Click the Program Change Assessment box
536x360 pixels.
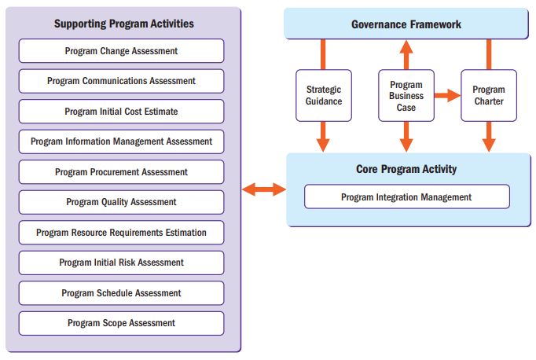tap(121, 51)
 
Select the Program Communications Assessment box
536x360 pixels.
tap(121, 81)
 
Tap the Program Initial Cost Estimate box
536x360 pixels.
tap(121, 112)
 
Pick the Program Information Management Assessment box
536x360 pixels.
tap(121, 141)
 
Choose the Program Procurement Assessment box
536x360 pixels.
tap(121, 172)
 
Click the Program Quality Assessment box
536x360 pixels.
tap(121, 202)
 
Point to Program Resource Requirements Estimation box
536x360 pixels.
tap(121, 233)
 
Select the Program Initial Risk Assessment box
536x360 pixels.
tap(121, 263)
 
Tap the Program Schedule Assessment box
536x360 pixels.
tap(121, 293)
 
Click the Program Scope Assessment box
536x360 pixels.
tap(121, 323)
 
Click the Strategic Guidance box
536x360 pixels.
tap(324, 96)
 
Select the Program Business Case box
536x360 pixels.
tap(406, 96)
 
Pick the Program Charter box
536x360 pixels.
tap(489, 96)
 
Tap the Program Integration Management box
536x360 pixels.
tap(406, 197)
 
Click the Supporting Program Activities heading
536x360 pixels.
tap(123, 24)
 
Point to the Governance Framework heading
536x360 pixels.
tap(406, 24)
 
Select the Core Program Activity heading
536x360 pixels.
tap(406, 169)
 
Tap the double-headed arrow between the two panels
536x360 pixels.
tap(263, 189)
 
